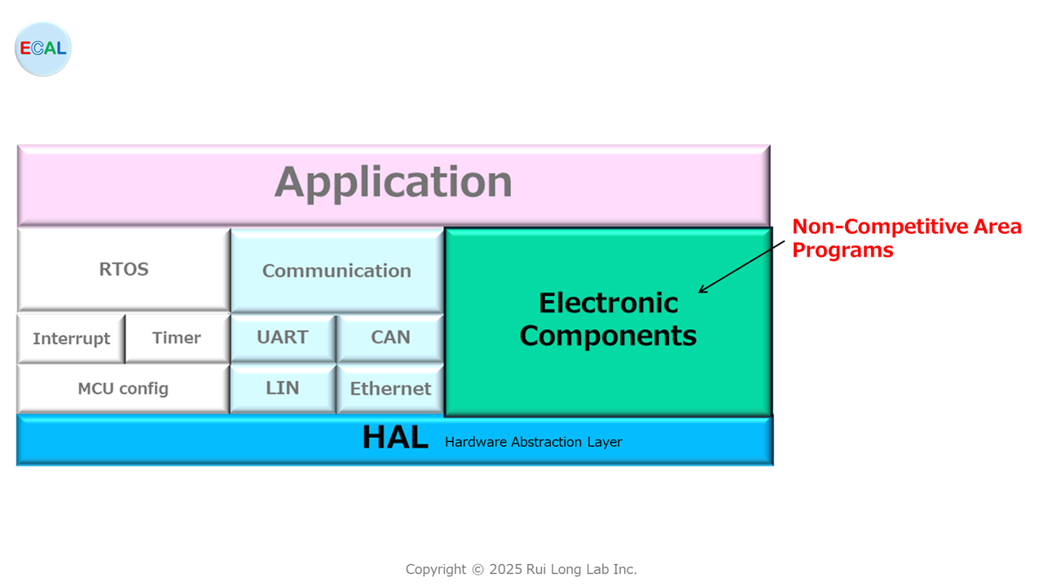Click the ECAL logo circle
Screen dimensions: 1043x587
point(43,48)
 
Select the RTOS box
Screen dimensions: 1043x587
point(124,270)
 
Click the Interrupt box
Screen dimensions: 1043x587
point(71,338)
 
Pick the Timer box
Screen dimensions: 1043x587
point(178,338)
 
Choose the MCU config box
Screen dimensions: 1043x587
point(123,389)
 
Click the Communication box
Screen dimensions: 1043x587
point(337,271)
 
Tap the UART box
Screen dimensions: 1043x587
point(283,338)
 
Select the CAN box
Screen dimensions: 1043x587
point(390,338)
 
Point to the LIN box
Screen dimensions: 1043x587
point(283,389)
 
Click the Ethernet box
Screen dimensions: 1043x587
point(390,389)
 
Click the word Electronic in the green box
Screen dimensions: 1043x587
point(608,302)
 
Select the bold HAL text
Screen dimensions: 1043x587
point(395,438)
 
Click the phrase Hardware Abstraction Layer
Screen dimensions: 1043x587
point(533,442)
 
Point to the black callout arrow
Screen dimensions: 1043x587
point(742,267)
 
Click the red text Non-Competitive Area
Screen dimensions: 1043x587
point(907,227)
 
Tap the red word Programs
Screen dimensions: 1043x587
point(843,250)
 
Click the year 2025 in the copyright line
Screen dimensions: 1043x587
point(506,569)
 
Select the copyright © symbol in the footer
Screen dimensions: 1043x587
point(477,570)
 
